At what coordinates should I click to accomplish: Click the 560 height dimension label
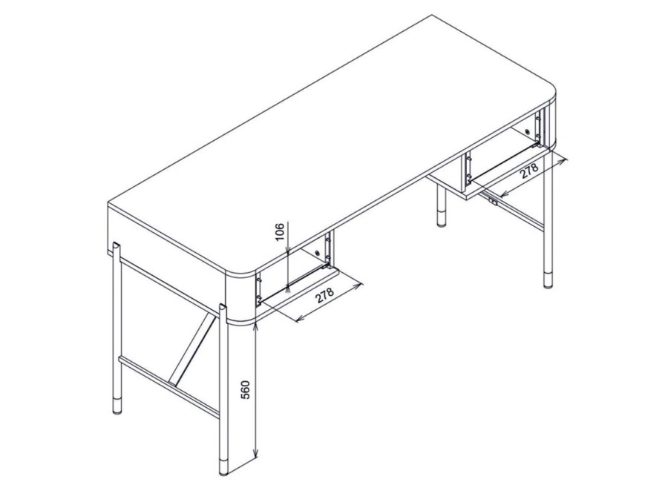[246, 389]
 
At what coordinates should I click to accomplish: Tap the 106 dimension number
[280, 231]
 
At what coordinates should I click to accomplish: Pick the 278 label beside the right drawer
[529, 171]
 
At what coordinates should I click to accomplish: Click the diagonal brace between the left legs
[191, 346]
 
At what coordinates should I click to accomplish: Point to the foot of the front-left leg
[223, 466]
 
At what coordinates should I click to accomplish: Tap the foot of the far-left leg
[117, 406]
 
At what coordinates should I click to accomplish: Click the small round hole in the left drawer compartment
[318, 254]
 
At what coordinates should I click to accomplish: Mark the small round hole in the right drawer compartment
[528, 131]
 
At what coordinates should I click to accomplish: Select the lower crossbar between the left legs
[169, 386]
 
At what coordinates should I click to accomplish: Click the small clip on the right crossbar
[493, 202]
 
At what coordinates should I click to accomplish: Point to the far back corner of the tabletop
[433, 16]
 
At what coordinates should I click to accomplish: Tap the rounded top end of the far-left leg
[116, 245]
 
